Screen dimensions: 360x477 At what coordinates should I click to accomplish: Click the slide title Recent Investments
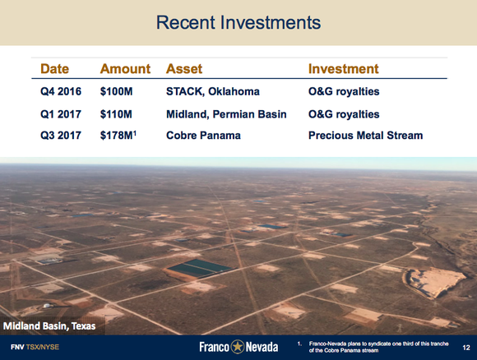pyautogui.click(x=238, y=22)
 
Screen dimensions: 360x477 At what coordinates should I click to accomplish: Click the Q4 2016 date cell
pyautogui.click(x=62, y=92)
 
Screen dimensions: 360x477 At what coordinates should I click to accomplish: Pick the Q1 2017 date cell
pyautogui.click(x=62, y=113)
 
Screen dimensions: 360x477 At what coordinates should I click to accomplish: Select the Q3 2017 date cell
pyautogui.click(x=62, y=135)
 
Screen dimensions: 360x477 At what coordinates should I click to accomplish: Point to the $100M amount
pyautogui.click(x=118, y=92)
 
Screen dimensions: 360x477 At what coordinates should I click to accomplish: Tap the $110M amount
pyautogui.click(x=118, y=113)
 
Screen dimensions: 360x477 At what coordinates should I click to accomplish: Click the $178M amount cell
pyautogui.click(x=120, y=135)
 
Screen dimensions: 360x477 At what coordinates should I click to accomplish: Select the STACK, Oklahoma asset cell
pyautogui.click(x=211, y=92)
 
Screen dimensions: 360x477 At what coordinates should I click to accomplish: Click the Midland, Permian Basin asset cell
pyautogui.click(x=226, y=113)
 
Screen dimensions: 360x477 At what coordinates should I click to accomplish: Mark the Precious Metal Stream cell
pyautogui.click(x=365, y=135)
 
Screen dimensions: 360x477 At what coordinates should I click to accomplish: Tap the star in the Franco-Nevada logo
pyautogui.click(x=238, y=347)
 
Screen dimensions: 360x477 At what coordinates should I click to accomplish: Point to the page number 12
pyautogui.click(x=466, y=348)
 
